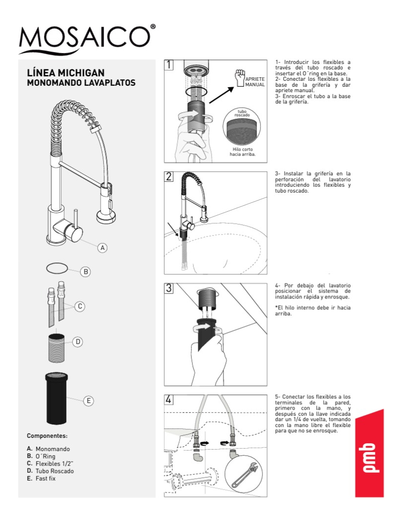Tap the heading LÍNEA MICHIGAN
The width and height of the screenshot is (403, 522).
pyautogui.click(x=66, y=73)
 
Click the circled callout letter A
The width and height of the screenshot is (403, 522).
pyautogui.click(x=102, y=248)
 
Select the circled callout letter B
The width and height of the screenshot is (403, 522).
pyautogui.click(x=85, y=272)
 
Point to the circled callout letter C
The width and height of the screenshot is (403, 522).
pyautogui.click(x=80, y=306)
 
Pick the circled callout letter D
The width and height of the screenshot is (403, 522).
pyautogui.click(x=77, y=342)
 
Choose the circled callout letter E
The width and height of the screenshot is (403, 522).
pyautogui.click(x=88, y=400)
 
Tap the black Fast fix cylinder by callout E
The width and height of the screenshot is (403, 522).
pyautogui.click(x=57, y=398)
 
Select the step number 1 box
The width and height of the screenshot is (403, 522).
pyautogui.click(x=169, y=65)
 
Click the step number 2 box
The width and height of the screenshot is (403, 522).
pyautogui.click(x=169, y=176)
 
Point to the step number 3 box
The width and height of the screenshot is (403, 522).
pyautogui.click(x=169, y=288)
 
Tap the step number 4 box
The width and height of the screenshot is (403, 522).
pyautogui.click(x=169, y=399)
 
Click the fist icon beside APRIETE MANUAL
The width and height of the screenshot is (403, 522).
pyautogui.click(x=240, y=78)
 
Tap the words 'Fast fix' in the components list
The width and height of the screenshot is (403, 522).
pyautogui.click(x=45, y=478)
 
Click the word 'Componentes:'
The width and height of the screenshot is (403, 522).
pyautogui.click(x=47, y=436)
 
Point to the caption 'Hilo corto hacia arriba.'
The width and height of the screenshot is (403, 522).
pyautogui.click(x=243, y=152)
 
